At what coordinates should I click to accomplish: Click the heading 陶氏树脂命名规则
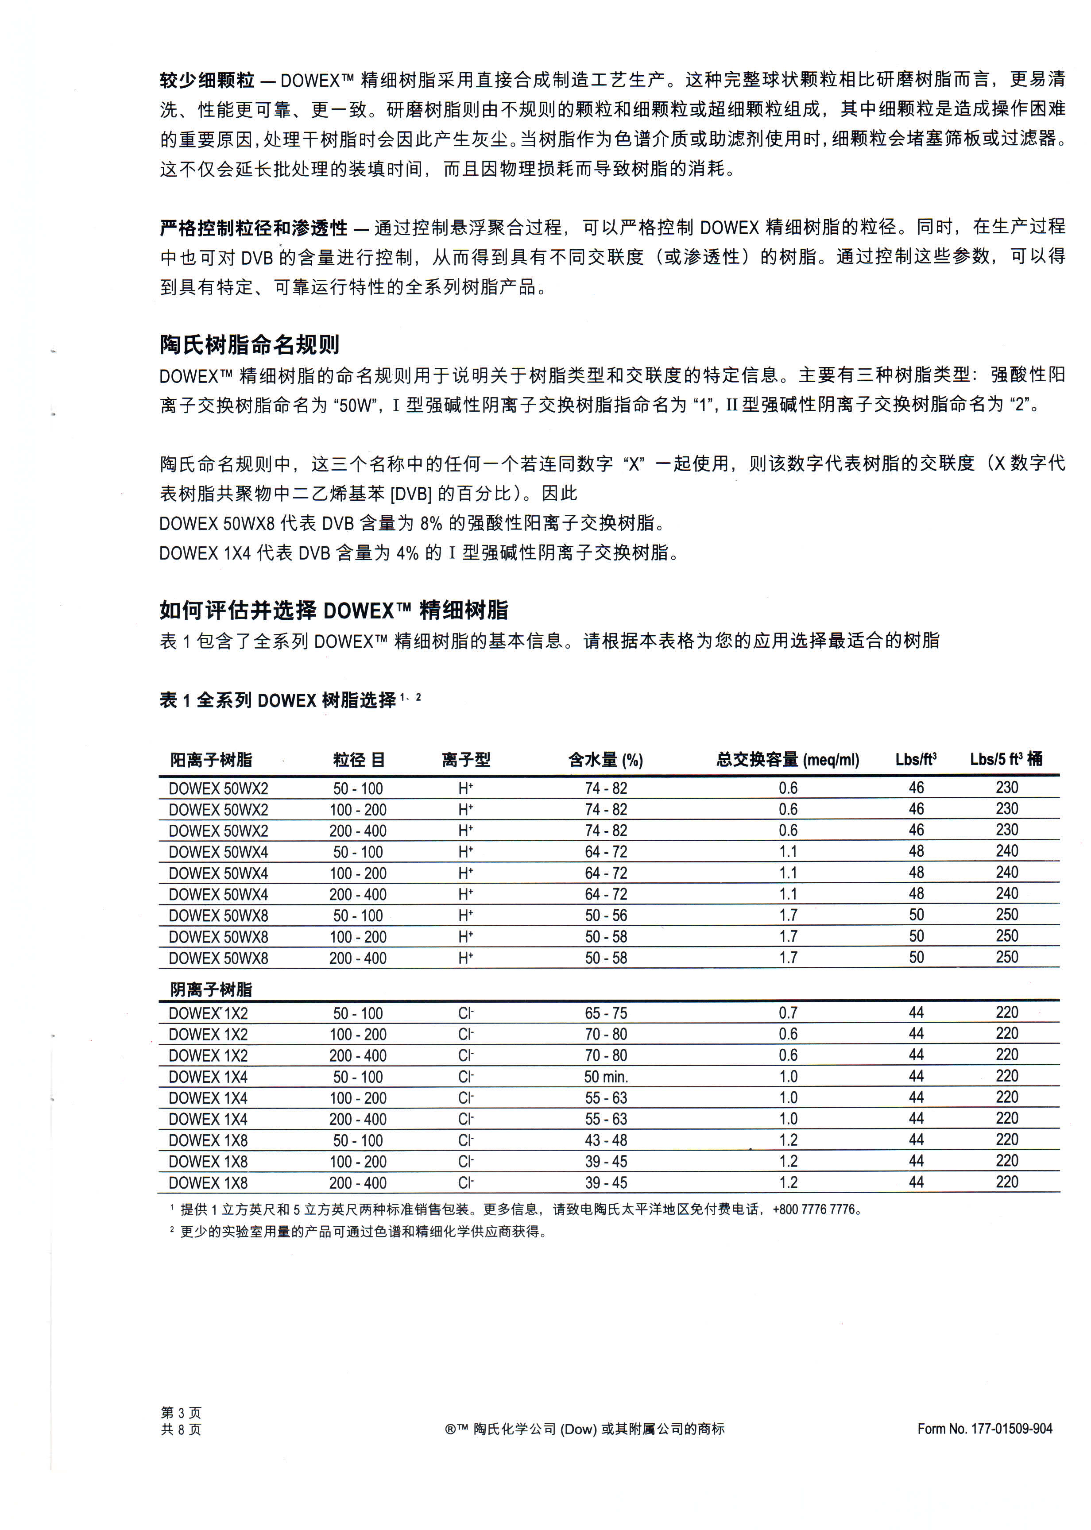pos(249,344)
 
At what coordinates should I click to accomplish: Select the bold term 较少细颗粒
pos(207,81)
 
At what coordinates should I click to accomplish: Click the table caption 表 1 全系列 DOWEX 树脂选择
pos(278,700)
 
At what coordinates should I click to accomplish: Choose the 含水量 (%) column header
pos(605,760)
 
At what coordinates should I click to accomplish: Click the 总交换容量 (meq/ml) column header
pos(787,760)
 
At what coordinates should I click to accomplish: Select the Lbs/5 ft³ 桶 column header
pos(1006,759)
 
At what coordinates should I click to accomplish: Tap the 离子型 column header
pos(465,760)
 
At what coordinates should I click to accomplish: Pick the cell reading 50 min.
pos(605,1077)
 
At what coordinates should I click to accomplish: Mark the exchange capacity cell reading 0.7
pos(788,1013)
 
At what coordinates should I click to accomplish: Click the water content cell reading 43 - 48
pos(605,1140)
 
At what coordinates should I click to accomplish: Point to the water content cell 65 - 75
pos(605,1013)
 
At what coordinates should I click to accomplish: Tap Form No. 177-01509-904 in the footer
pos(984,1429)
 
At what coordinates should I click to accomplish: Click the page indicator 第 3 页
pos(181,1413)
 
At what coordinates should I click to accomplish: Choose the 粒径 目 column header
pos(359,760)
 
